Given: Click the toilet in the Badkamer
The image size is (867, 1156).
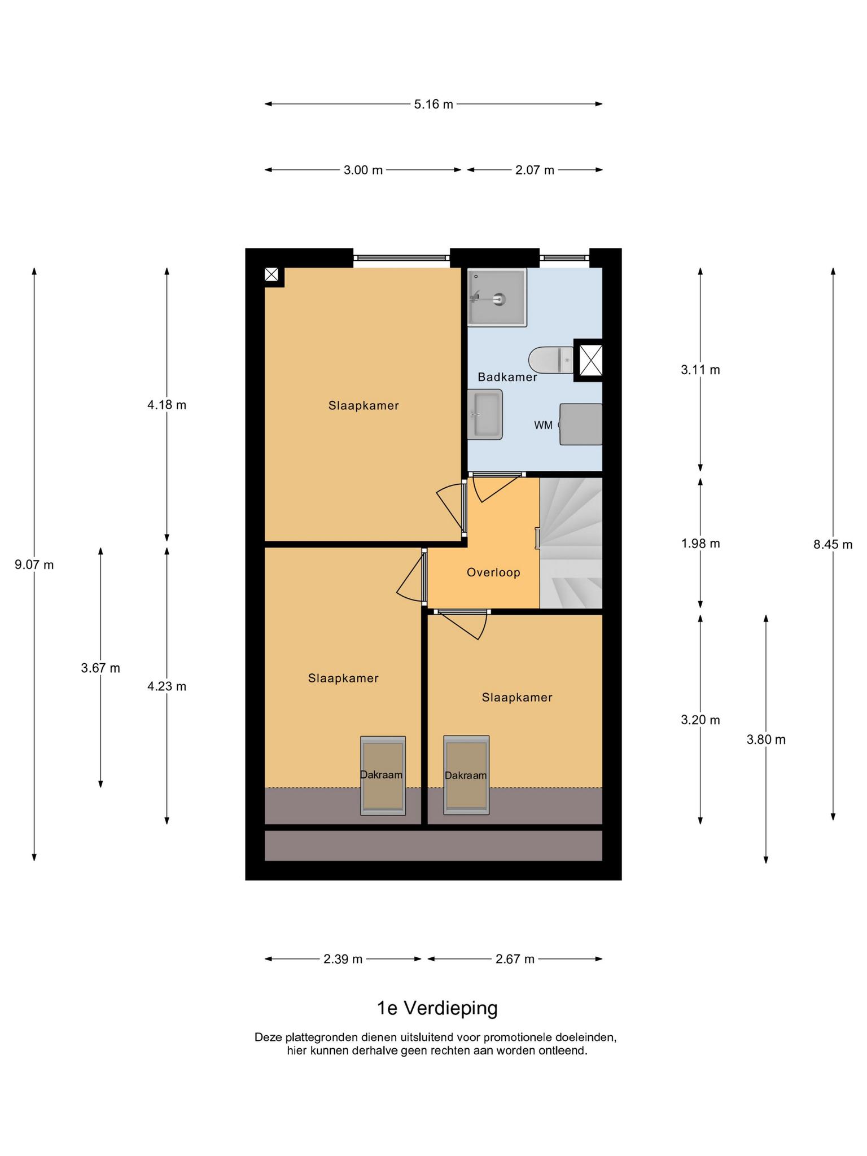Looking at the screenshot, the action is pyautogui.click(x=551, y=360).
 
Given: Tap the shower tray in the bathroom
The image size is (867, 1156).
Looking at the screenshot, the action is pyautogui.click(x=497, y=297).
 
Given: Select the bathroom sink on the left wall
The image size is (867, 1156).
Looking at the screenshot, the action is pyautogui.click(x=485, y=414).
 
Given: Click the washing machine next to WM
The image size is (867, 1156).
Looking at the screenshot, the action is pyautogui.click(x=581, y=424).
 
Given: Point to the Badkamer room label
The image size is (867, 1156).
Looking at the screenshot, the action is pyautogui.click(x=507, y=377).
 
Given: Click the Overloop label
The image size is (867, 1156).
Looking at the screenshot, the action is pyautogui.click(x=493, y=572).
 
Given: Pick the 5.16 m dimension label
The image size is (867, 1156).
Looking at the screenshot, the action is pyautogui.click(x=433, y=104).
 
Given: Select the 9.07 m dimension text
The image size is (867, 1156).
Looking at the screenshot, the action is pyautogui.click(x=34, y=564).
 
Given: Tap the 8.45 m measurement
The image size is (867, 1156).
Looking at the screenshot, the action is pyautogui.click(x=833, y=545).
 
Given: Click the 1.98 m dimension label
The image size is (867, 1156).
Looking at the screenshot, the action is pyautogui.click(x=700, y=544).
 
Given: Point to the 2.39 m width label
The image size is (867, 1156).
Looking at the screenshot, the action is pyautogui.click(x=343, y=959).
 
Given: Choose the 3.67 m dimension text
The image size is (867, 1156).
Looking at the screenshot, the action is pyautogui.click(x=100, y=668).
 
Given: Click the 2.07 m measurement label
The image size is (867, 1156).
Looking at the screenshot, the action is pyautogui.click(x=535, y=170).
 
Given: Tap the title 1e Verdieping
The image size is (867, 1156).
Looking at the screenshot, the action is pyautogui.click(x=437, y=1008).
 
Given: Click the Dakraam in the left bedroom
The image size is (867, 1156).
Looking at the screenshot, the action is pyautogui.click(x=383, y=776).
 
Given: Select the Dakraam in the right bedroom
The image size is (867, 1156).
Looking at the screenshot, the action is pyautogui.click(x=466, y=775).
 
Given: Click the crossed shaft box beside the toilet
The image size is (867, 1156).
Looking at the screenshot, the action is pyautogui.click(x=588, y=360).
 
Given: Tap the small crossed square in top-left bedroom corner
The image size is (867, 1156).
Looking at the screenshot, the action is pyautogui.click(x=272, y=275).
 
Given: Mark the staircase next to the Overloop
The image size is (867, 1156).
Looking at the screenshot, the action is pyautogui.click(x=571, y=543).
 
